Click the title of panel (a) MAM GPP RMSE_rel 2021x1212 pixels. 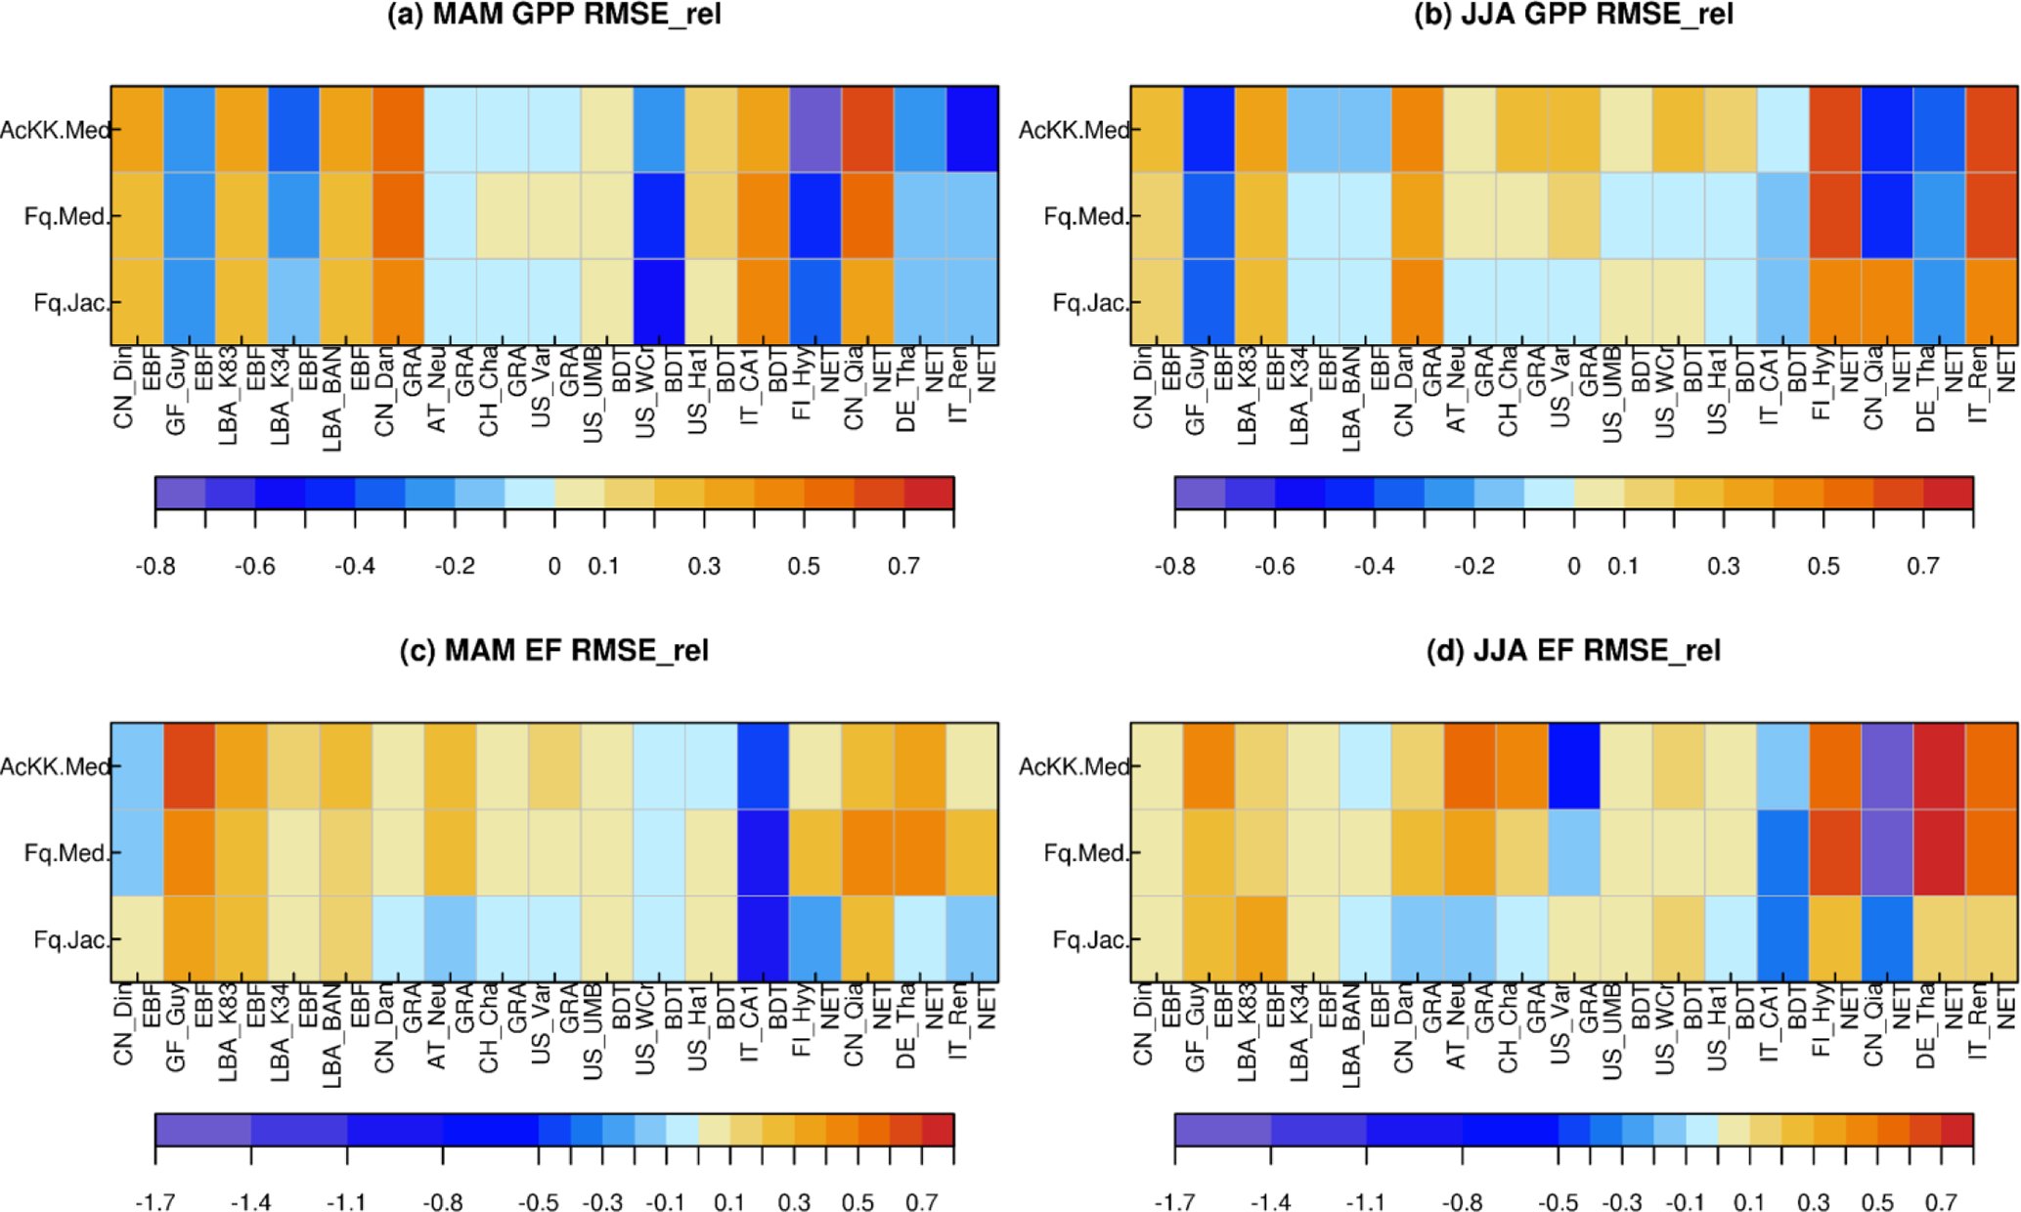coord(554,15)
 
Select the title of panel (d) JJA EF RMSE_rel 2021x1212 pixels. coord(1573,651)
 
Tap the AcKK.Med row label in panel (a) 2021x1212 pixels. coord(55,130)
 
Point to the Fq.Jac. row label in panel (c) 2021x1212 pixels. coord(69,939)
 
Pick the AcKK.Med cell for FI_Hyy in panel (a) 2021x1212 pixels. coord(815,129)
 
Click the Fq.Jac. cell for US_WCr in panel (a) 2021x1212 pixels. coord(659,302)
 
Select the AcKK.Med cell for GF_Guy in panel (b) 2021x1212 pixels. coord(1209,129)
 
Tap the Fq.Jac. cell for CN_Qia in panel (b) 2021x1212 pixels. coord(1887,302)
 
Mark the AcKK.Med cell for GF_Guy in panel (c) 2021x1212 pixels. coord(190,766)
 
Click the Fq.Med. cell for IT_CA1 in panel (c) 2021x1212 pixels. coord(763,852)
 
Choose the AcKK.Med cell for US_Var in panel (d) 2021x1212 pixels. coord(1574,766)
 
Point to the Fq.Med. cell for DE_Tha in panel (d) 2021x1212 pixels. coord(1939,852)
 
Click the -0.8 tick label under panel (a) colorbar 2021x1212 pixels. coord(155,567)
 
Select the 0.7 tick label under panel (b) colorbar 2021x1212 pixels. coord(1923,567)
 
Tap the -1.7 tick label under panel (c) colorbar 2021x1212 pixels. coord(155,1202)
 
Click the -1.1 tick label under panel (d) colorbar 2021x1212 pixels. coord(1366,1202)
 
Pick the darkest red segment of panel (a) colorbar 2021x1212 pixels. coord(928,493)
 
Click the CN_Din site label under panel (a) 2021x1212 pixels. coord(123,395)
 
